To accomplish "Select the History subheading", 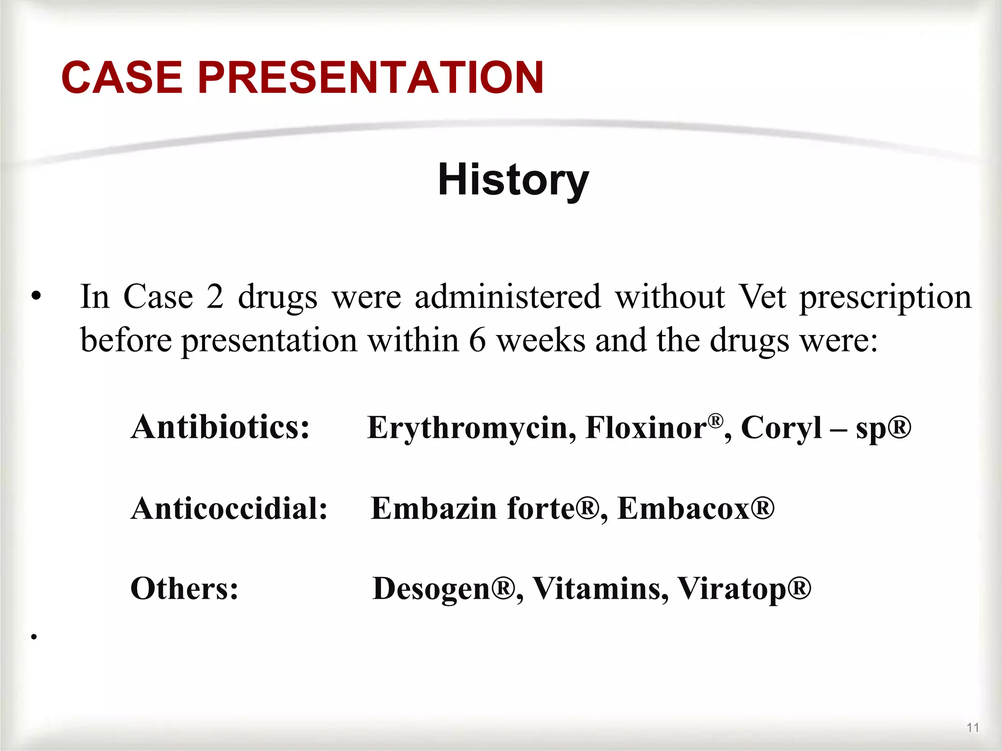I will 513,180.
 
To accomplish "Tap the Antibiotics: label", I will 220,427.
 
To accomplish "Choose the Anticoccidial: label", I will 229,508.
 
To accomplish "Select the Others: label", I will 184,588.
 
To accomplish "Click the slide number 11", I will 973,728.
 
